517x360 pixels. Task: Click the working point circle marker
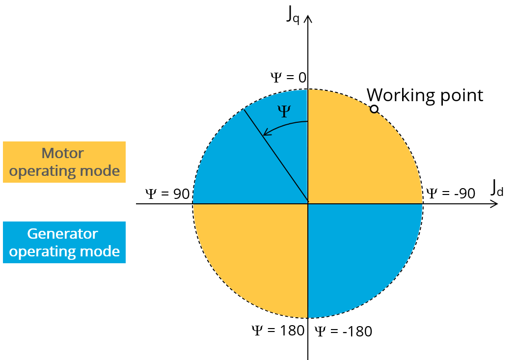coord(374,109)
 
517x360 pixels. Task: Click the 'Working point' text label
coord(425,95)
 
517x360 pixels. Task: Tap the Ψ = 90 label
coord(167,194)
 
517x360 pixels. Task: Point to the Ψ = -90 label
coord(450,194)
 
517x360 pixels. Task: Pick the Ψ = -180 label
coord(343,332)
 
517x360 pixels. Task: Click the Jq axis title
coord(293,15)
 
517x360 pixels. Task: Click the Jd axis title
coord(497,188)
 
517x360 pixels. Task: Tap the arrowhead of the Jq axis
coord(308,20)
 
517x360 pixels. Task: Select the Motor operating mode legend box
coord(64,162)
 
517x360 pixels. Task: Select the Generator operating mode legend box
coord(64,242)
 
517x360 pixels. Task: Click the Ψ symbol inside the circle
coord(284,111)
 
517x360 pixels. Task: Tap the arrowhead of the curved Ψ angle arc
coord(266,133)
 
